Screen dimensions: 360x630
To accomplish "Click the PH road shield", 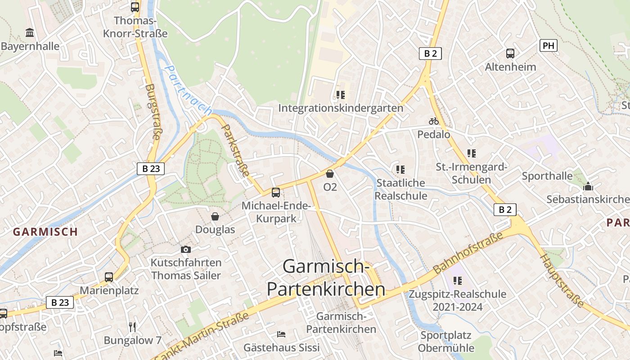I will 548,45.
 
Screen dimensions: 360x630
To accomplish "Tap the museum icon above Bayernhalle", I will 30,32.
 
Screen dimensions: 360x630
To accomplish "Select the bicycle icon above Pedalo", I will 433,121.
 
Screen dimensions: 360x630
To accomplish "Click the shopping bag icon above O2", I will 330,174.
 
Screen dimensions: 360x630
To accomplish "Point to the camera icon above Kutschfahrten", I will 185,249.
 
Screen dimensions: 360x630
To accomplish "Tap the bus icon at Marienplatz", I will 109,277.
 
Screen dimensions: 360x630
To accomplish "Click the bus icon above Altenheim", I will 510,54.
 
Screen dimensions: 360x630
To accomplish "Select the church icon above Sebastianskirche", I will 588,186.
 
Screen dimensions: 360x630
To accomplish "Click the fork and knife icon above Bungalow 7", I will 132,327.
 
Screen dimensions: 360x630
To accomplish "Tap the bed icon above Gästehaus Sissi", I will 281,334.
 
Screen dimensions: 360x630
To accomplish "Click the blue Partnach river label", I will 188,90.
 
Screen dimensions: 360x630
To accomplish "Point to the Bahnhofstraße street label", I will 468,253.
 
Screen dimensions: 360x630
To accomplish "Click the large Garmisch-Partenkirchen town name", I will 326,278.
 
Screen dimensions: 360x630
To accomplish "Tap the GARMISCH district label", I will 45,232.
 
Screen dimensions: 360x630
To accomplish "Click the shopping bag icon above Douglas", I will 215,216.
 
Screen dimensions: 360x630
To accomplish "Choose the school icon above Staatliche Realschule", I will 400,170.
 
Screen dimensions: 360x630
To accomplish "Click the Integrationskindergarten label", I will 341,108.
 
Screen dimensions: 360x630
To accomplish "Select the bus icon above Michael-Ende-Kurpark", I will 276,193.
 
